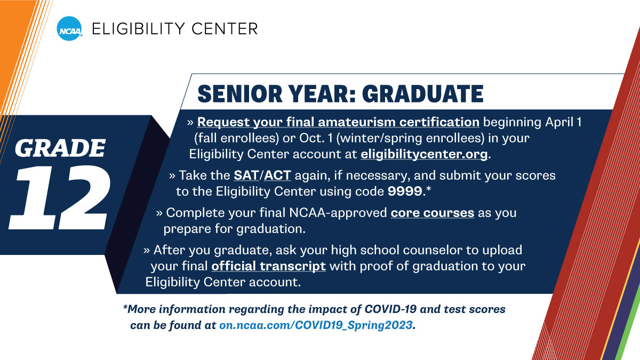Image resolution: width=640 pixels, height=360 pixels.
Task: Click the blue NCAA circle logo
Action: click(x=70, y=28)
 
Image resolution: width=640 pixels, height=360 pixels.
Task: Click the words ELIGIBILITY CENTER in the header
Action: click(x=174, y=28)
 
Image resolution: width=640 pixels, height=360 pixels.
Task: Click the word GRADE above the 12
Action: click(x=60, y=148)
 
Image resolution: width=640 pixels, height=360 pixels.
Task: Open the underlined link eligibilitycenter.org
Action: click(x=424, y=155)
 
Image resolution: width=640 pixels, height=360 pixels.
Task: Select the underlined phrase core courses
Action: click(x=432, y=213)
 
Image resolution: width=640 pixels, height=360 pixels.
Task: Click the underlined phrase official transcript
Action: click(x=268, y=266)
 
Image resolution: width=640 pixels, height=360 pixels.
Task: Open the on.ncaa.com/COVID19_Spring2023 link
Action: click(x=316, y=325)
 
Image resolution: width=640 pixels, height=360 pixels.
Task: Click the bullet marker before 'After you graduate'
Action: click(x=147, y=250)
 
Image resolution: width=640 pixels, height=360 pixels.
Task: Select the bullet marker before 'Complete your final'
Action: click(x=159, y=213)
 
